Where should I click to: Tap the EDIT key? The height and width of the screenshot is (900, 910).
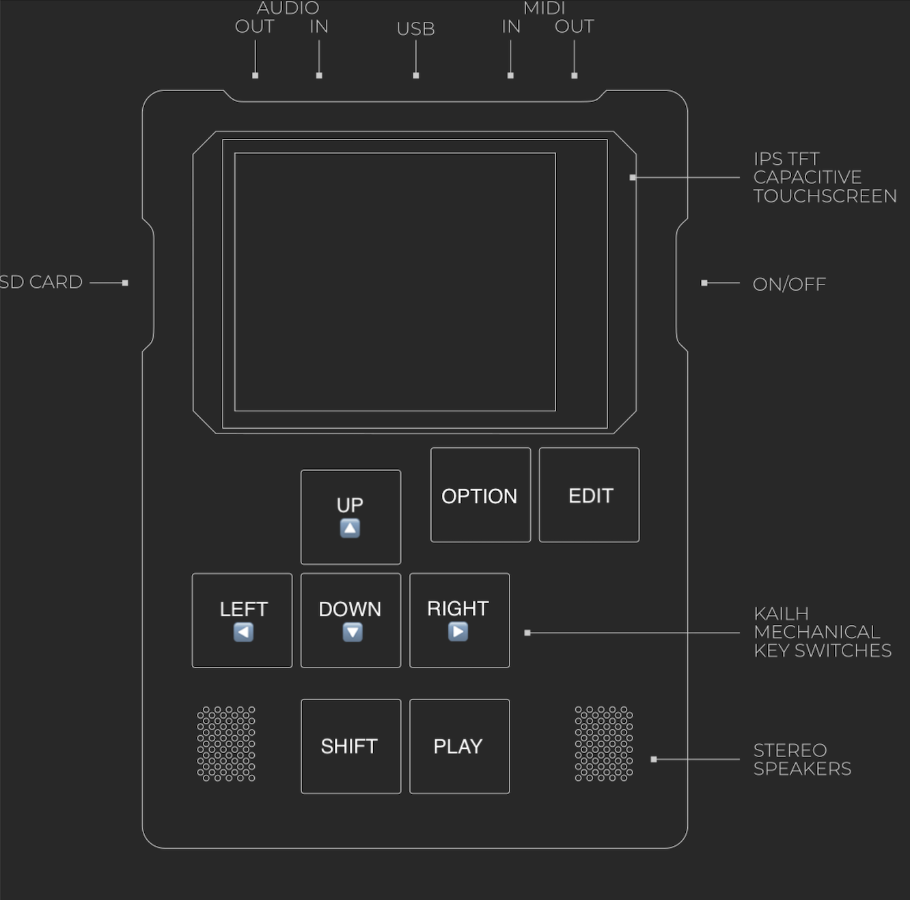(x=589, y=495)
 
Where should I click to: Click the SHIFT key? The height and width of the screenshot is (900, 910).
(x=350, y=746)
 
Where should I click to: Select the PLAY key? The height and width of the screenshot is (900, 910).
(x=459, y=746)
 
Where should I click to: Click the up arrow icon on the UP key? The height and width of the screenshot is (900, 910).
(x=350, y=529)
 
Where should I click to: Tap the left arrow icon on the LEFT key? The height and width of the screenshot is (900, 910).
(x=243, y=633)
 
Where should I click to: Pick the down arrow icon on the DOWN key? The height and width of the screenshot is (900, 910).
(x=353, y=633)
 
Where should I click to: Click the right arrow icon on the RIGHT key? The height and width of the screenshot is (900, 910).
(x=458, y=631)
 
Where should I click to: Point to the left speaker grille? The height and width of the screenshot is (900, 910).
(x=226, y=744)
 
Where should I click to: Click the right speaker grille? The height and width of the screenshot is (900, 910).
(x=604, y=744)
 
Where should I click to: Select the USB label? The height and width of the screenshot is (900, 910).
(x=415, y=29)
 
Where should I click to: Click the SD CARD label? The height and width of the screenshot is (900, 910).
(x=41, y=282)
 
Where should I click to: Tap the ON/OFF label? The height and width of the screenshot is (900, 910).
(x=789, y=284)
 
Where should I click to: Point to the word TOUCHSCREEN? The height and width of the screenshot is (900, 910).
(x=825, y=196)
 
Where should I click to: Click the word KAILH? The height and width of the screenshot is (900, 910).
(x=781, y=613)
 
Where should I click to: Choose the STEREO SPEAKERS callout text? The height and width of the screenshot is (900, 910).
(x=802, y=760)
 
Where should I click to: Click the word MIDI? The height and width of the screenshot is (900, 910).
(x=544, y=8)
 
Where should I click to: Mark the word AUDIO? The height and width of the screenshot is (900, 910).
(x=288, y=8)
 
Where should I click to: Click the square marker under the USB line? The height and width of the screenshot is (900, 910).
(x=416, y=75)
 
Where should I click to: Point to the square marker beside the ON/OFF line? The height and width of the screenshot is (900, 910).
(x=704, y=282)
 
